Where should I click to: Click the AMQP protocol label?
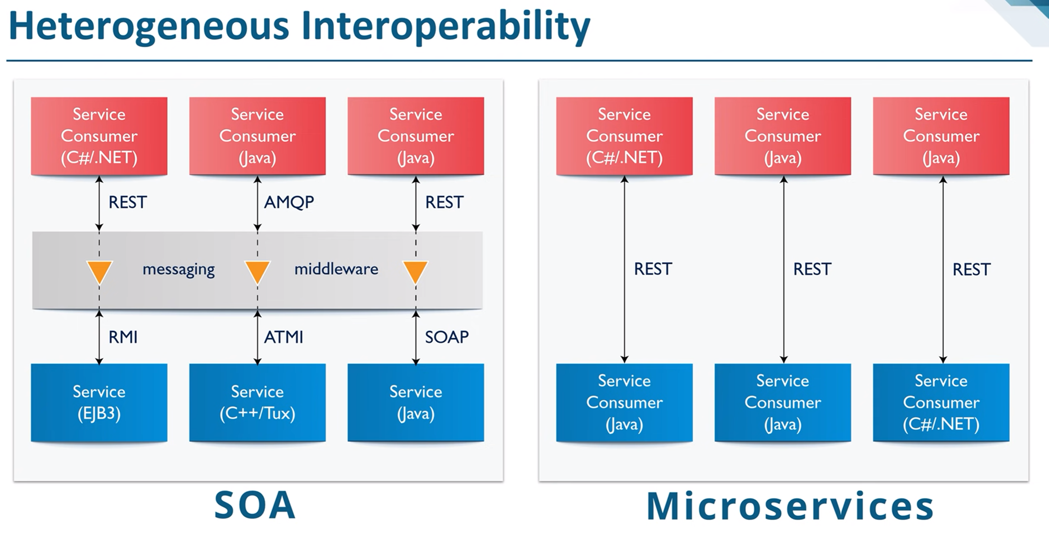pos(289,202)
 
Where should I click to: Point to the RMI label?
pos(123,337)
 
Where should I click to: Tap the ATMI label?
pos(284,337)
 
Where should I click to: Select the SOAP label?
pos(447,337)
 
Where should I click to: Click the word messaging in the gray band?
pos(179,269)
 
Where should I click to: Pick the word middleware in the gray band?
pos(336,269)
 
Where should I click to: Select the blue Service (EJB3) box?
pos(99,403)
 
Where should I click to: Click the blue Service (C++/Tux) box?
pos(258,403)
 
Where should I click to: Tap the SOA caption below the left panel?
pos(255,505)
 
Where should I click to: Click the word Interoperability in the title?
pos(445,27)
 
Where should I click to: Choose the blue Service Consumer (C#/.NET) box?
pos(941,403)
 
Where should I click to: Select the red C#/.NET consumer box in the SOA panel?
pos(99,136)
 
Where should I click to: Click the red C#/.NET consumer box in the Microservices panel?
pos(624,136)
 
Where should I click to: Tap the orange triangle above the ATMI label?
pos(258,272)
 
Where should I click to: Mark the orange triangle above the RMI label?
pos(99,272)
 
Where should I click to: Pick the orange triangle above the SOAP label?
pos(416,272)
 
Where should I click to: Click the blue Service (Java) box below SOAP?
pos(416,403)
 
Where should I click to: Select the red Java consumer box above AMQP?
pos(258,136)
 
